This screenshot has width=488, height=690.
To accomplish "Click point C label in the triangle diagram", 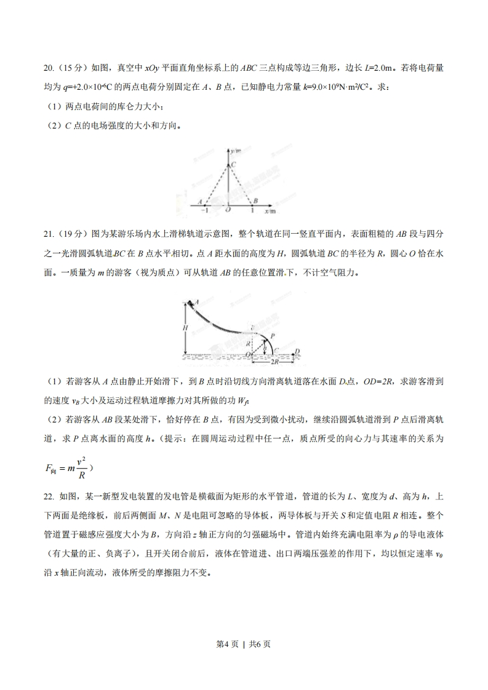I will tap(233, 164).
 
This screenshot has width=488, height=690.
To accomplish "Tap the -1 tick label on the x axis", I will tap(204, 211).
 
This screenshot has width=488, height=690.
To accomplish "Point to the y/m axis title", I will tap(236, 150).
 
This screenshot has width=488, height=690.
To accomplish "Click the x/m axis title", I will tap(270, 211).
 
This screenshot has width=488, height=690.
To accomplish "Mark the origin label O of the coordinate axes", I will tap(228, 211).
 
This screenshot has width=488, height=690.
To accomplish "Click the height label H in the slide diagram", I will tap(185, 328).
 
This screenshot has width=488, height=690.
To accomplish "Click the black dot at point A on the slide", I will tap(190, 303).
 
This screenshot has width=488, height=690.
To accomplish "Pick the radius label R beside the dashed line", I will tap(248, 343).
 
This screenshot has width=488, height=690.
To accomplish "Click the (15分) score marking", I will tap(73, 68).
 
